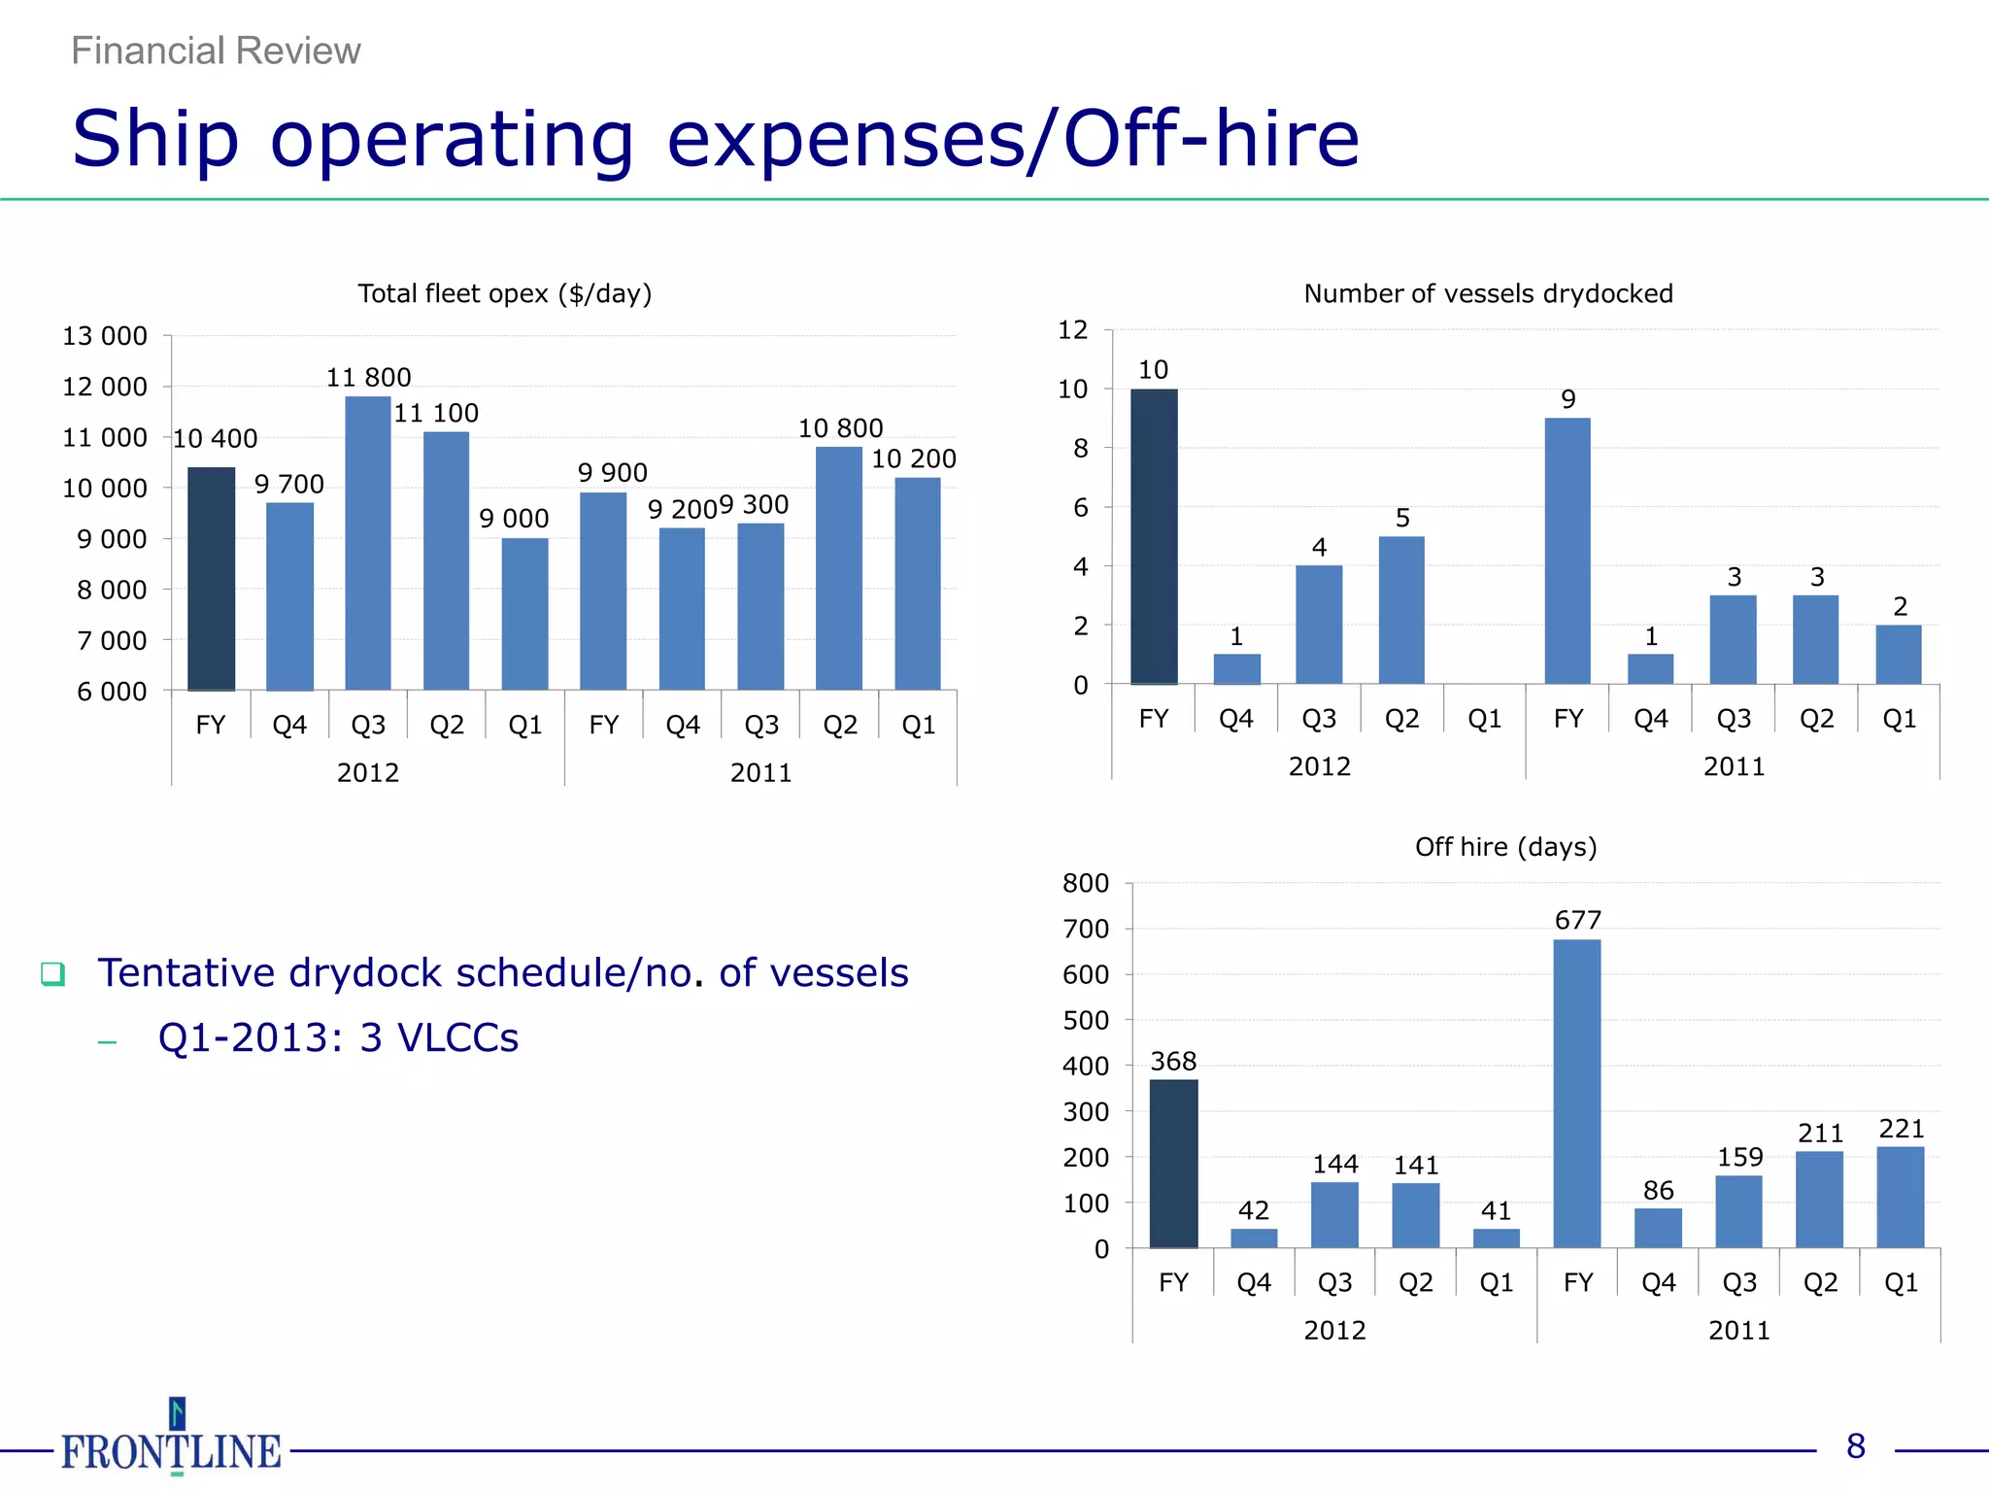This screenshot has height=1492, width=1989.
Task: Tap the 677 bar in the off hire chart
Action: click(x=1577, y=1093)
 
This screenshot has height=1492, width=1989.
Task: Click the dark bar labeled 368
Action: click(x=1173, y=1163)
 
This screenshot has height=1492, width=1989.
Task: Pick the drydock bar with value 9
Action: click(x=1568, y=550)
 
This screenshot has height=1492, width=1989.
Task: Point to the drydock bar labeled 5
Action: click(x=1401, y=609)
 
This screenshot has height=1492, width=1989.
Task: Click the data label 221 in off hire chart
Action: click(x=1901, y=1129)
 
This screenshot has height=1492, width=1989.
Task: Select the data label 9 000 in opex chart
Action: click(x=514, y=519)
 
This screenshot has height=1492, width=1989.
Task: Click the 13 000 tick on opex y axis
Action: click(x=105, y=336)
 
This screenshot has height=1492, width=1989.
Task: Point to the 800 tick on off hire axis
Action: click(x=1085, y=883)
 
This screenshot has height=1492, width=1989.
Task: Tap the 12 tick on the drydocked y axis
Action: click(x=1072, y=330)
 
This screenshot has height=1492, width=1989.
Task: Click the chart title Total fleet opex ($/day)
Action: click(x=504, y=293)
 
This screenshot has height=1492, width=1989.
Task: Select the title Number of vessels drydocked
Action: click(x=1488, y=293)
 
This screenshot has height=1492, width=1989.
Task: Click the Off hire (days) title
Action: click(x=1505, y=847)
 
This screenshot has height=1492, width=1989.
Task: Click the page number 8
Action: click(x=1855, y=1446)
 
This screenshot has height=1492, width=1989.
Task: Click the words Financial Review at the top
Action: click(x=216, y=51)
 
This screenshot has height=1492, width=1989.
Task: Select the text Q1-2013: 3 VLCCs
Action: click(x=338, y=1037)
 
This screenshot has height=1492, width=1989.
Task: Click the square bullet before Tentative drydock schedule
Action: click(x=52, y=973)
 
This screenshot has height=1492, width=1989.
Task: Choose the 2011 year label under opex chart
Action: click(x=760, y=772)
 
